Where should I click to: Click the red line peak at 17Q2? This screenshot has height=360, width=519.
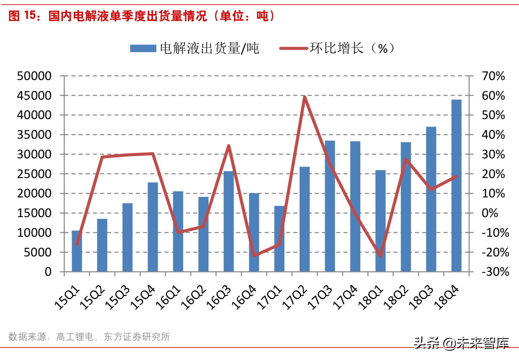click(x=305, y=97)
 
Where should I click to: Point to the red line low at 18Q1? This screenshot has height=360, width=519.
click(x=381, y=256)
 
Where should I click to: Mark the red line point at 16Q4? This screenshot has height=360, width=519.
click(x=254, y=255)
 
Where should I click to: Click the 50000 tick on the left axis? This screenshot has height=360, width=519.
click(x=34, y=76)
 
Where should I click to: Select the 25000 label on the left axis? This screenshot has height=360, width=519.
click(x=34, y=174)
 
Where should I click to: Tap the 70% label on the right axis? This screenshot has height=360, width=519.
click(x=493, y=76)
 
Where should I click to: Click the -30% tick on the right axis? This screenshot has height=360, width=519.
click(x=495, y=272)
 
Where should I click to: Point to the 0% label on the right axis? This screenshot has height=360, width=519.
click(x=489, y=213)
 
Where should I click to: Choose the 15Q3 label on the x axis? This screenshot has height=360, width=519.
click(x=117, y=298)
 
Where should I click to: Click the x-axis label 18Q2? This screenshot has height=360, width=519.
click(x=396, y=298)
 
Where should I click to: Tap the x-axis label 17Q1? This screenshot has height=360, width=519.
click(x=269, y=298)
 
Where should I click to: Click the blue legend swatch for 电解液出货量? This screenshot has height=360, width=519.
click(x=143, y=49)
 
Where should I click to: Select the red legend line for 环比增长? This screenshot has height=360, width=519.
click(x=294, y=49)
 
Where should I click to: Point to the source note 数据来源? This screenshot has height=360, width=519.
click(x=27, y=337)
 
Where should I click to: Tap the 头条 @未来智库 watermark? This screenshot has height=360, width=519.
click(x=461, y=343)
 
